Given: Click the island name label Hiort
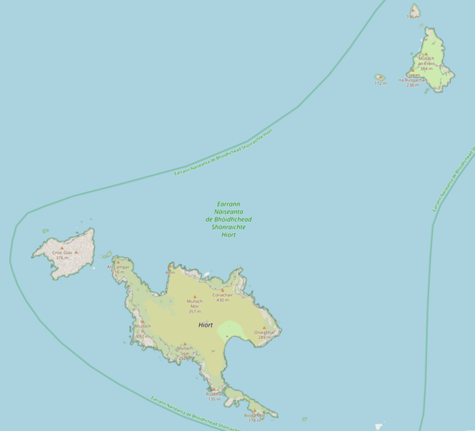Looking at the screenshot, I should coord(206,325).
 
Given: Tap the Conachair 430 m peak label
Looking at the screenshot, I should coord(222,297).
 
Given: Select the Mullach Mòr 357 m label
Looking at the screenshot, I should coord(194,306).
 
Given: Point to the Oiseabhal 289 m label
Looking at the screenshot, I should coord(264,334).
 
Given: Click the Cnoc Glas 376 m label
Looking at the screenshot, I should coord(63,255).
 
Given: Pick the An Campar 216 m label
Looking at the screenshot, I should coord(119,269).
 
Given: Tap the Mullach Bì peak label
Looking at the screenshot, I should coord(142,330).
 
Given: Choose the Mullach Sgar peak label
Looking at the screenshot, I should coord(185,353).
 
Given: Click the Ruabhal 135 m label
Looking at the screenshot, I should coord(214,396).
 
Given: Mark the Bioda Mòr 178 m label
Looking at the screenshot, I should coord(254,417).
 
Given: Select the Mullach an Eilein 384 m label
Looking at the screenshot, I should coord(426,65).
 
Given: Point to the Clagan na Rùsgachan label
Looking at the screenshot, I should coord(416,79).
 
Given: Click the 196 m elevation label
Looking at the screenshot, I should coord(412,17).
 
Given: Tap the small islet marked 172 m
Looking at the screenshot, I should coord(379,77).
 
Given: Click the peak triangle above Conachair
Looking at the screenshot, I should coord(222,289).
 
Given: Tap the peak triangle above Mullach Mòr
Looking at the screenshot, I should coord(194,296).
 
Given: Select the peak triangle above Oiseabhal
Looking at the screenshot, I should coord(264,328).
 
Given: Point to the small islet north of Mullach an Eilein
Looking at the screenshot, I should coord(415,10).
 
